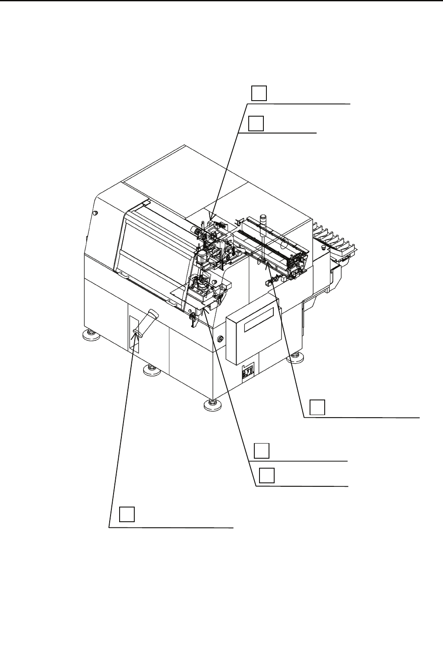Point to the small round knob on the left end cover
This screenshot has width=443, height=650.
tap(95, 212)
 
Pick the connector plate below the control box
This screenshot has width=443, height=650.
tap(247, 371)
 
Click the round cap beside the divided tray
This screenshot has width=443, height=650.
tap(324, 248)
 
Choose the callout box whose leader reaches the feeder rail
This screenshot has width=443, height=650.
tap(317, 407)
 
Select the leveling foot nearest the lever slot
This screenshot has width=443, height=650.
tap(149, 368)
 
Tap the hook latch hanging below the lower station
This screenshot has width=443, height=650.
tap(192, 319)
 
